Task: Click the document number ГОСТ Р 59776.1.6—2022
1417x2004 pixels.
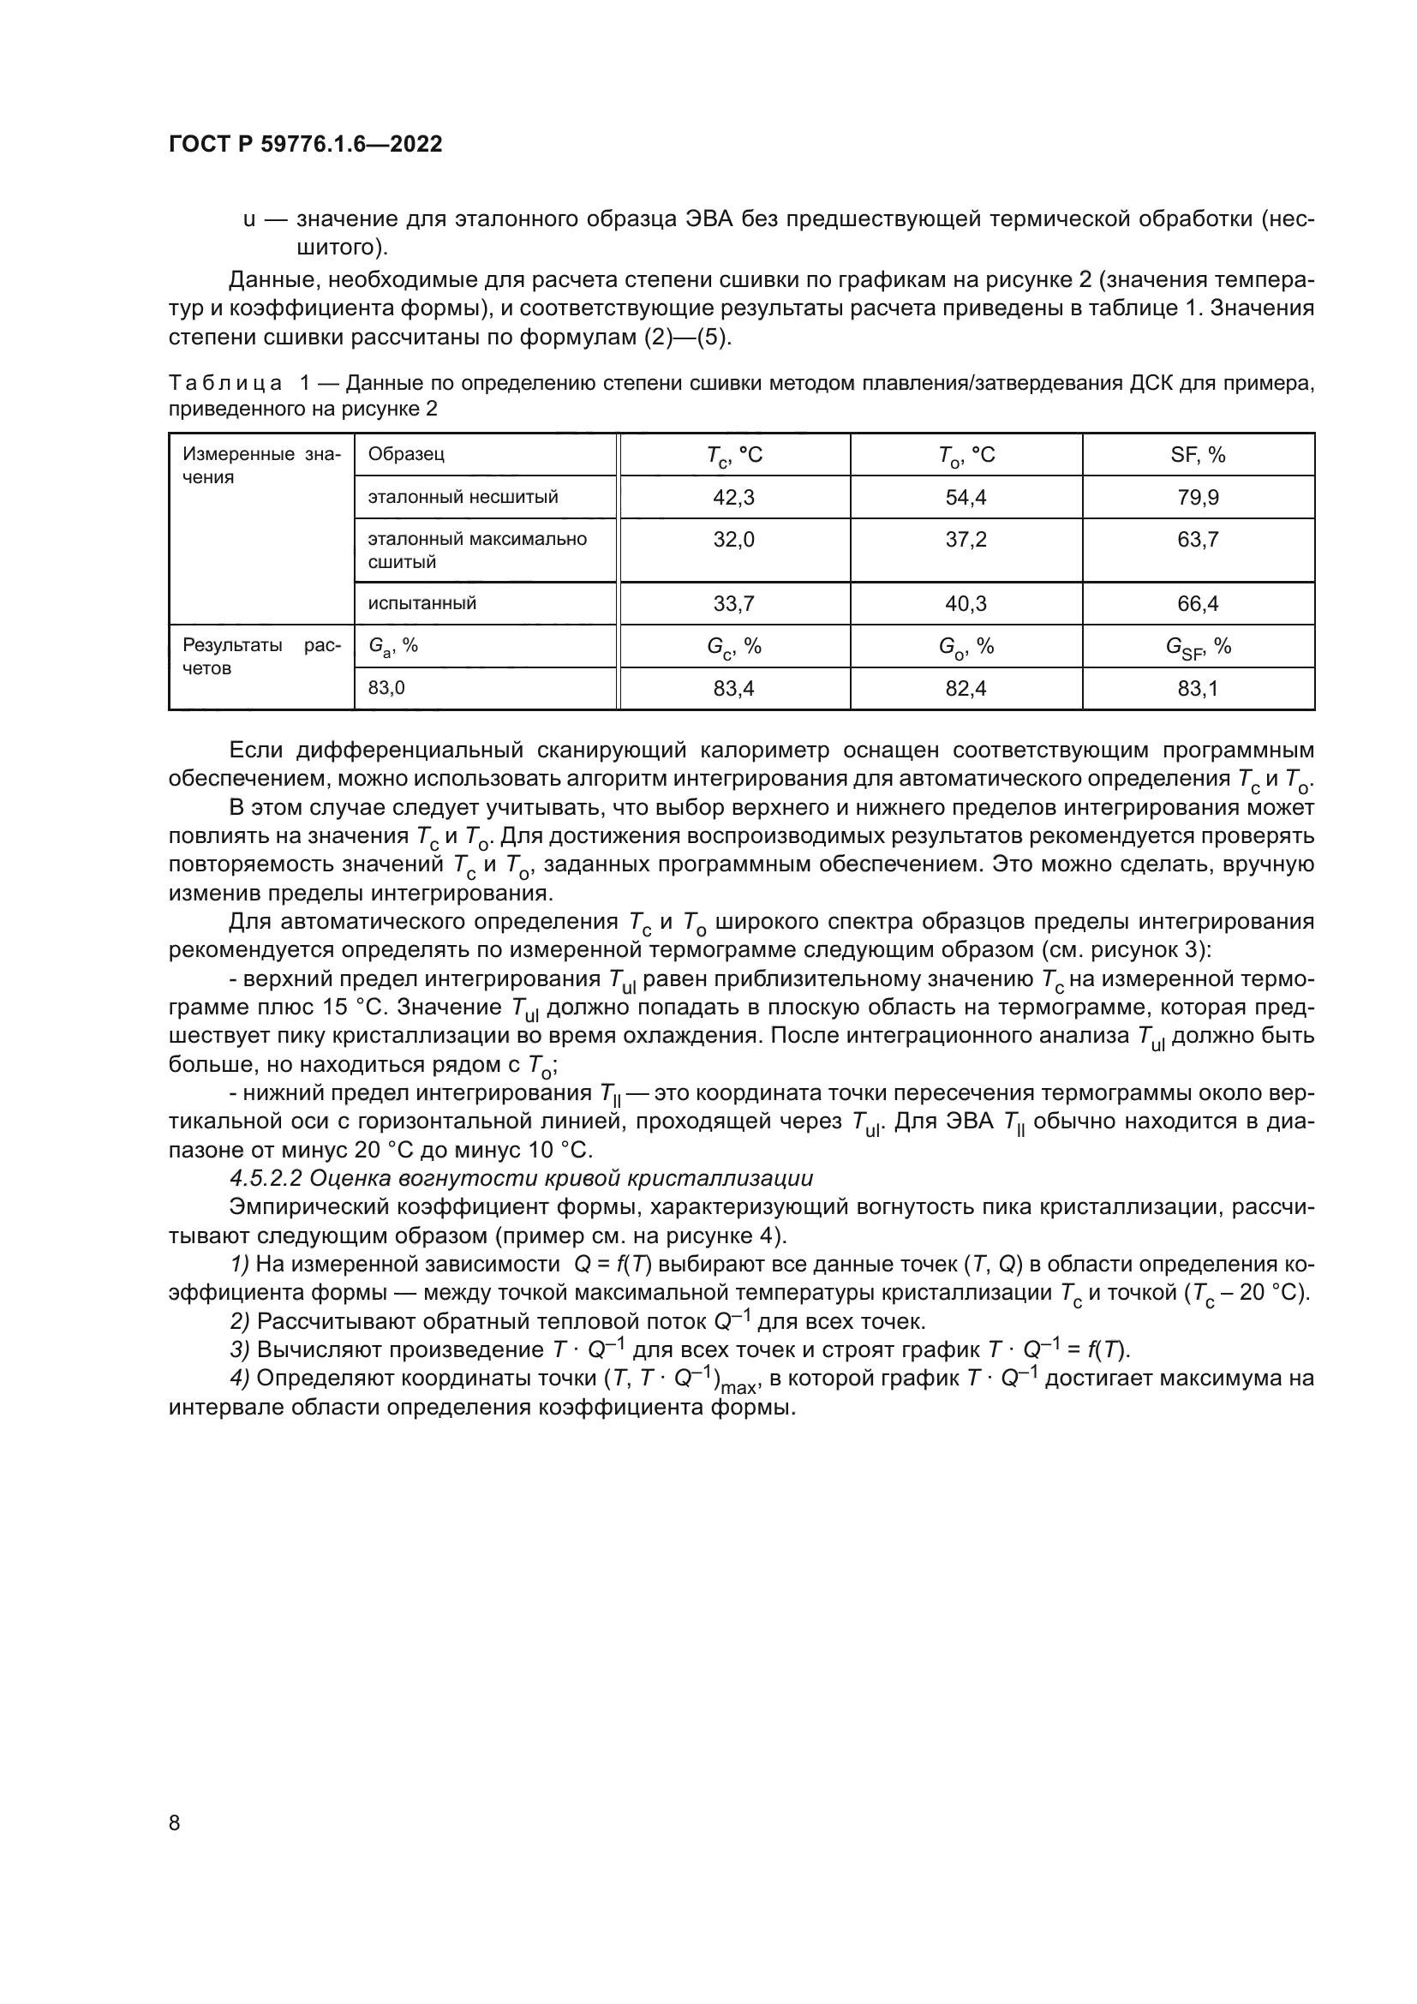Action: coord(305,144)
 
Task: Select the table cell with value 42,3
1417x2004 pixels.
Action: coord(734,498)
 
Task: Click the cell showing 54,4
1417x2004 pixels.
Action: coord(966,498)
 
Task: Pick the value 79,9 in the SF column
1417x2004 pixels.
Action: coord(1198,498)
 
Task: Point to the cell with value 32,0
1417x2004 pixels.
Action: coord(734,540)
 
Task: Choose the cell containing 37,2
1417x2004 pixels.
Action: coord(966,540)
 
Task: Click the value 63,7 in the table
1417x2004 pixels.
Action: coord(1198,540)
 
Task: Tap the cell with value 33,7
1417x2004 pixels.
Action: coord(734,603)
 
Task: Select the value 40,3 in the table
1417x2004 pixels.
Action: coord(966,603)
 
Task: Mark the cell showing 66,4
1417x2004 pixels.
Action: coord(1198,603)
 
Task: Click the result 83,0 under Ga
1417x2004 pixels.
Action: coord(386,688)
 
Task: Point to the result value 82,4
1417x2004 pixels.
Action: coord(966,689)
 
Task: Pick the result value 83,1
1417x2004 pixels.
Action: coord(1198,689)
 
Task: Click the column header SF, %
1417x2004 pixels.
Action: coord(1198,455)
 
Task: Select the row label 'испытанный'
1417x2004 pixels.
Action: coord(422,603)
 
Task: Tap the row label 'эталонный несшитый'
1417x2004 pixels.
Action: coord(463,498)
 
